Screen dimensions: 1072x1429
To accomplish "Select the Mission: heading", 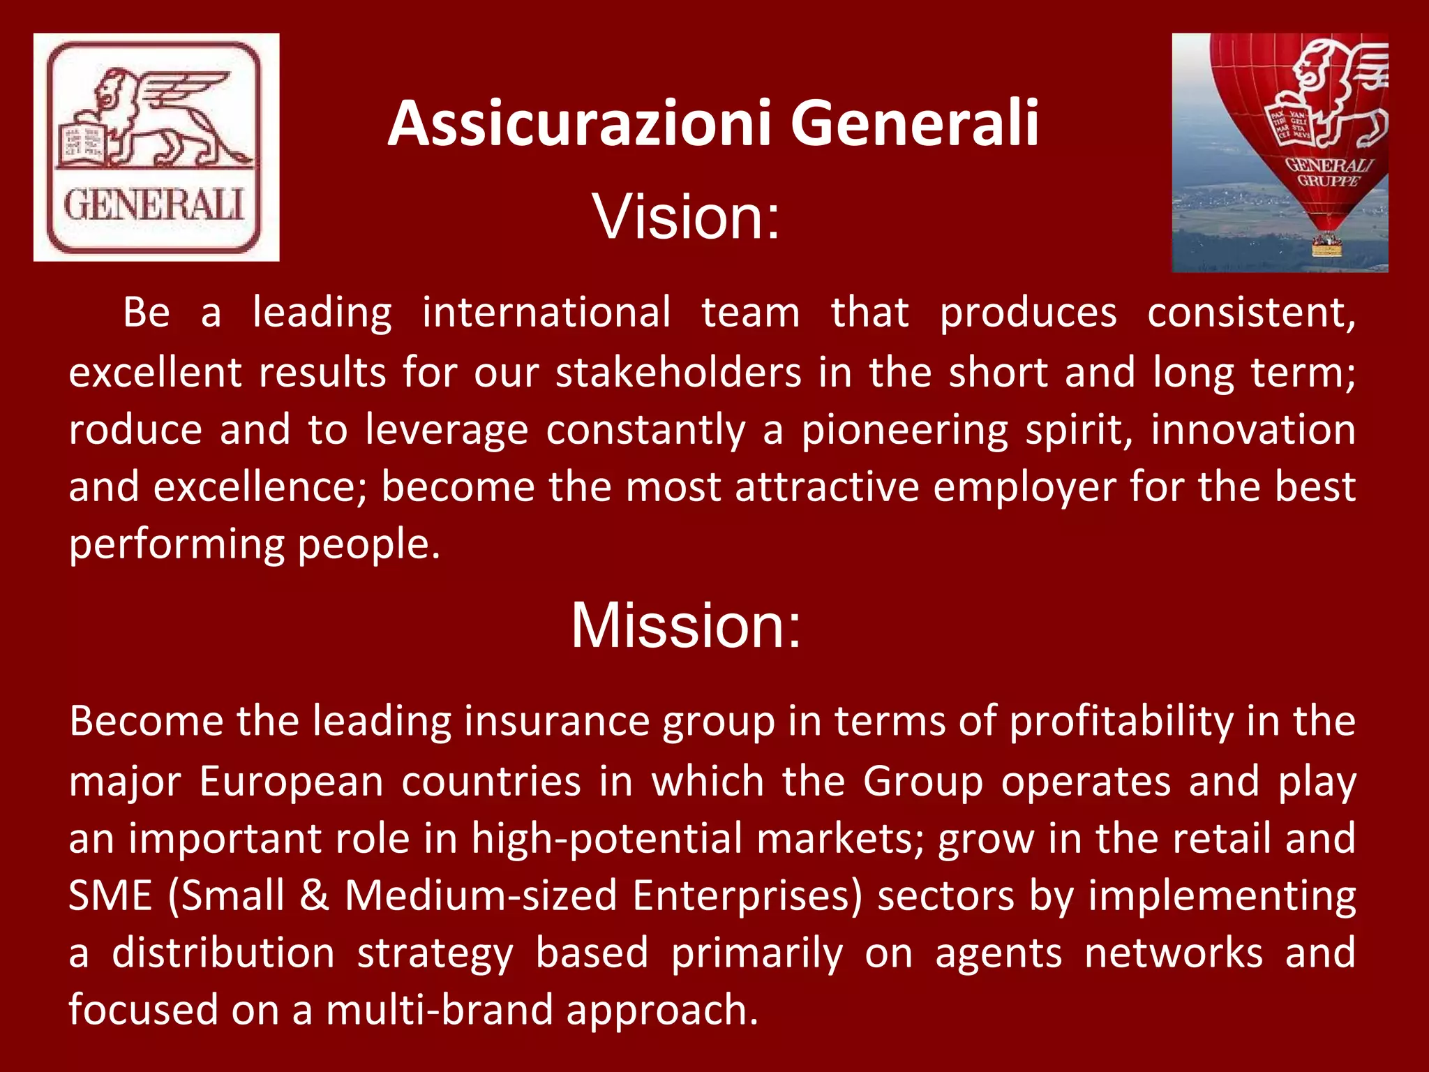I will [686, 625].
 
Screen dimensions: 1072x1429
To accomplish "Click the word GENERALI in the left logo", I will [154, 205].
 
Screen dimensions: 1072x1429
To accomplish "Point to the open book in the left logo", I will [82, 143].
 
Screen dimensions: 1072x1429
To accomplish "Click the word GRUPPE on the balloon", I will [1328, 181].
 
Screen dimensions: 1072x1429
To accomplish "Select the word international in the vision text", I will [546, 312].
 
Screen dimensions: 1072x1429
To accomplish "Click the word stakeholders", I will [678, 372].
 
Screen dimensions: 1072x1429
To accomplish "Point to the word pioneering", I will [904, 430].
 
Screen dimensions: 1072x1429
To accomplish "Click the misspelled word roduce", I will [135, 430].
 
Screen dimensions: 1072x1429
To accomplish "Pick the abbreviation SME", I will [110, 895].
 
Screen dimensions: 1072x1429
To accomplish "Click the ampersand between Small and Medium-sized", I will [315, 895].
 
